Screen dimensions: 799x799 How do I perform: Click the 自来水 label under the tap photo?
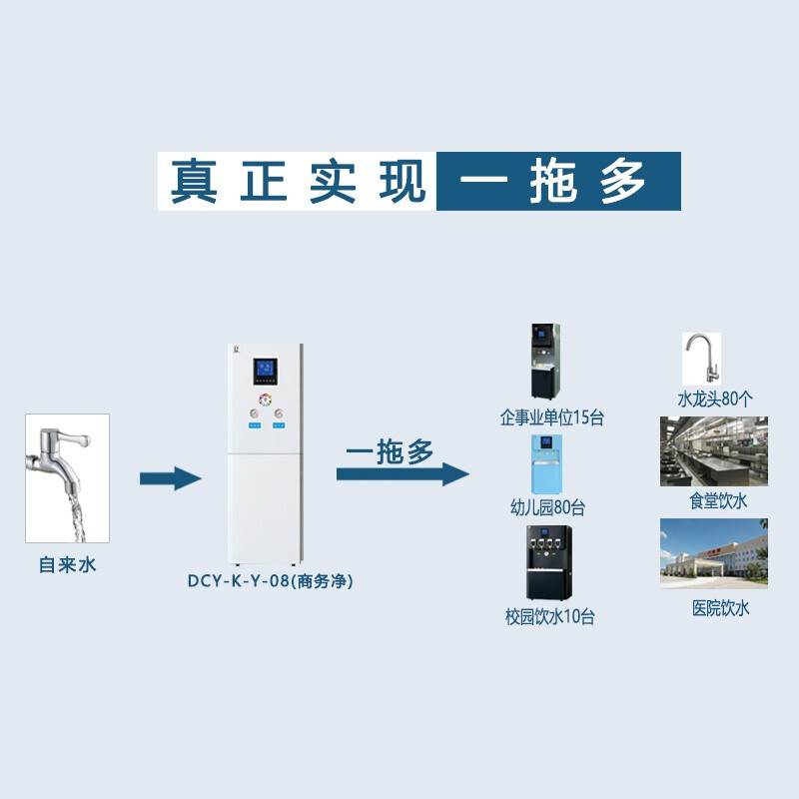67,565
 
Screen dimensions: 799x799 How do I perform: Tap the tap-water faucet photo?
67,478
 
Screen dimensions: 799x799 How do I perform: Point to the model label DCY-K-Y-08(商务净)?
271,580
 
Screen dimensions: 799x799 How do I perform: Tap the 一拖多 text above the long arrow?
390,452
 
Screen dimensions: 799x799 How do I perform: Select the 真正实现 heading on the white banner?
297,181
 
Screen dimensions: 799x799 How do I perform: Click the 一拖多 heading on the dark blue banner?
558,181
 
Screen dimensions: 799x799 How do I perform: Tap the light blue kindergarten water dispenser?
546,464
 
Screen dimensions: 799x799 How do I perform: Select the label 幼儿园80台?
548,508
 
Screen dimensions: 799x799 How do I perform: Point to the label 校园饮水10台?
550,617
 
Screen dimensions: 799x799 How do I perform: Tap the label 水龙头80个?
716,399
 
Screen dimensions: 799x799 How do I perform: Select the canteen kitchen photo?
713,451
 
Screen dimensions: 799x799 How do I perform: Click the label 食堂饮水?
718,499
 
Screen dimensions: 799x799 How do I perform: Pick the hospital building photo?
713,552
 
